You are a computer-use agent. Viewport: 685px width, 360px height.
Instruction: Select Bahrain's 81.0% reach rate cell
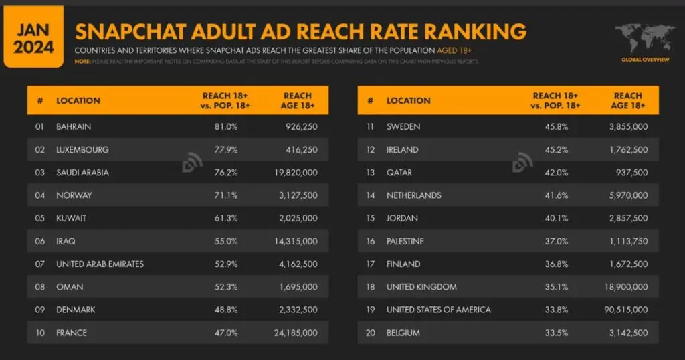tap(225, 126)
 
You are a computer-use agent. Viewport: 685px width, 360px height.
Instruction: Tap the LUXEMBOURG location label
tap(82, 150)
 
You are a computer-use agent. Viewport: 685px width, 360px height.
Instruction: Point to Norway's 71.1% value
tap(225, 195)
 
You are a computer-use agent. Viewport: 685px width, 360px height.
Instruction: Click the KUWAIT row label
tap(71, 218)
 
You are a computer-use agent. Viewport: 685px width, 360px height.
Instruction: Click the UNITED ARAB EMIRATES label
tap(100, 264)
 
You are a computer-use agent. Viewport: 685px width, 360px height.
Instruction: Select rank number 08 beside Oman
tap(40, 287)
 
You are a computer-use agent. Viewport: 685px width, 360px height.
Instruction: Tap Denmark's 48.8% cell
tap(225, 310)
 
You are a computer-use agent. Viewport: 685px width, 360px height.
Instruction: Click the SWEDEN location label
tap(403, 126)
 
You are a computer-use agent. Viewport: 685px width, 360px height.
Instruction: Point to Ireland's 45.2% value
tap(555, 150)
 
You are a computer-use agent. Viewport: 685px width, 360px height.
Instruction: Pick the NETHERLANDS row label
tap(413, 195)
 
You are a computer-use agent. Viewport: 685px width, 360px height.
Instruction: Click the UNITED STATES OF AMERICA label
tap(438, 310)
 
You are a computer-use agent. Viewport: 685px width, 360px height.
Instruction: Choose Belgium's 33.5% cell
tap(555, 333)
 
